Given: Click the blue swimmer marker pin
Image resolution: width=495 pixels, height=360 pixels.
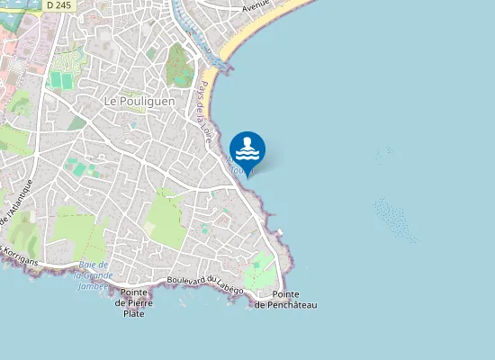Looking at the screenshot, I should point(247,149).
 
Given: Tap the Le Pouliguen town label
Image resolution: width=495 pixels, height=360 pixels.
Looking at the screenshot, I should point(139,102).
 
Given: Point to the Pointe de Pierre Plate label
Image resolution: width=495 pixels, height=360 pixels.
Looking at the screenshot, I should point(134,302).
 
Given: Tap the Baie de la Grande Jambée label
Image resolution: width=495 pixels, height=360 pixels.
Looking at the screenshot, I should point(94,275).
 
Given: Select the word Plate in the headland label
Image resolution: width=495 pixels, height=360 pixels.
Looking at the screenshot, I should point(134,313).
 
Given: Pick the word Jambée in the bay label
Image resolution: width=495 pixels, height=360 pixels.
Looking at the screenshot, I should point(94,286).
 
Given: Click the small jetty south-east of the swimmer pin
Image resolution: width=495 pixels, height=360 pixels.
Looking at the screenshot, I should point(280,233).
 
